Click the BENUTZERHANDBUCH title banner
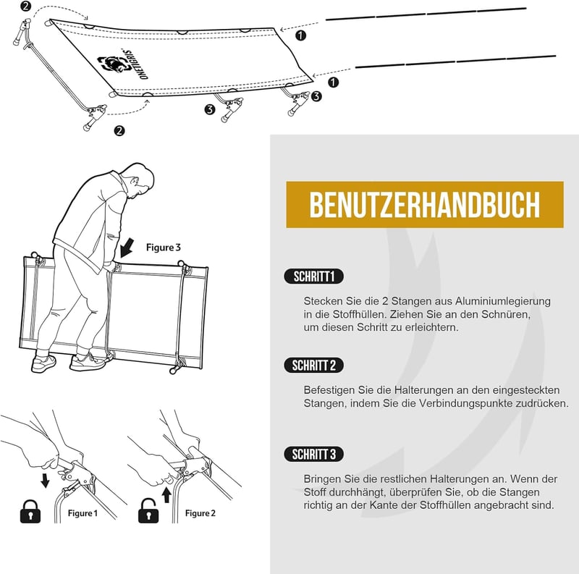click(x=425, y=204)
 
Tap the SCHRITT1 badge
click(x=314, y=277)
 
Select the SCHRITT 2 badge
click(x=314, y=366)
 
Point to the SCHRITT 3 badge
click(x=314, y=455)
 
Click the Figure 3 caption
click(x=164, y=248)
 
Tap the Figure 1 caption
click(x=83, y=513)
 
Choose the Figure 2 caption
click(x=200, y=513)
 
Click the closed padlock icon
click(x=30, y=512)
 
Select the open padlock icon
click(x=148, y=511)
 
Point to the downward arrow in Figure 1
click(x=45, y=481)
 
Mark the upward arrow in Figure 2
click(x=166, y=495)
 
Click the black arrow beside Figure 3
click(x=127, y=248)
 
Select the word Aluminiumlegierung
click(x=502, y=301)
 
